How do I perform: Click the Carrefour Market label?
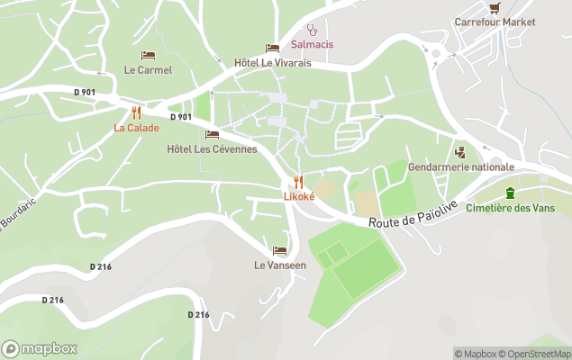(x=495, y=22)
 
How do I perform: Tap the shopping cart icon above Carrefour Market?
(x=495, y=7)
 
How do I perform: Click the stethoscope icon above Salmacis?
(x=312, y=30)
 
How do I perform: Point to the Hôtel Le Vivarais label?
(x=273, y=63)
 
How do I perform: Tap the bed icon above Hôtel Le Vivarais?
(x=272, y=49)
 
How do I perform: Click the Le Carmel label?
(x=148, y=69)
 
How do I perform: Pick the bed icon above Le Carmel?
(x=148, y=55)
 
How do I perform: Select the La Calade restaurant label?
(x=136, y=128)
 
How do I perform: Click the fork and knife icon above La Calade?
(x=137, y=112)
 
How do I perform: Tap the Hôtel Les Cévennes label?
(x=213, y=148)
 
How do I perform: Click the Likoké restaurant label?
(x=299, y=196)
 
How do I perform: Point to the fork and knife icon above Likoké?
(x=298, y=182)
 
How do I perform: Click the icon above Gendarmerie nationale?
(x=461, y=152)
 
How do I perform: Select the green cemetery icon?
(x=511, y=192)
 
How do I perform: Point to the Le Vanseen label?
(x=280, y=265)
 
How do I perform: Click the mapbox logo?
(x=40, y=348)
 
